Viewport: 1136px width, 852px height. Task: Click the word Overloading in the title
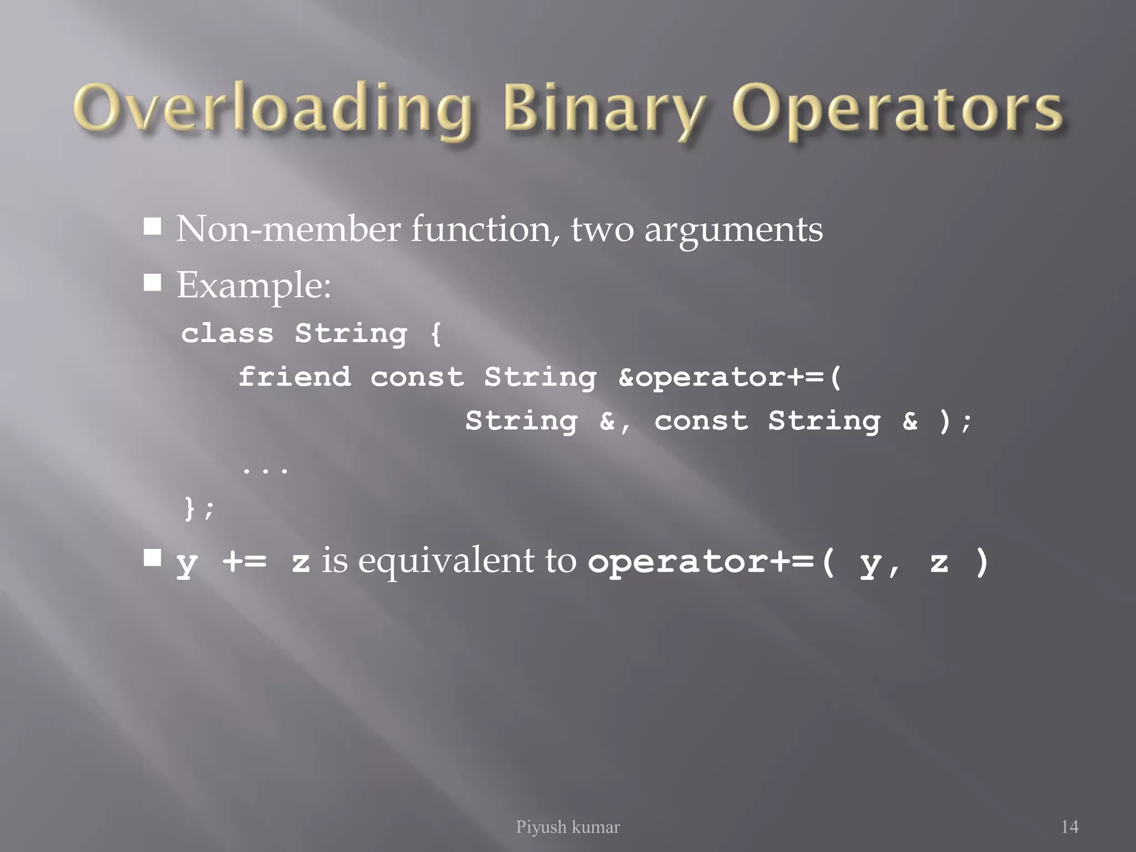(272, 109)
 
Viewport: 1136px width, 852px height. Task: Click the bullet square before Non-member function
(153, 226)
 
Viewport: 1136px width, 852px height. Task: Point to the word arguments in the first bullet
(733, 230)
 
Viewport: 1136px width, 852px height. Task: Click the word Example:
(253, 286)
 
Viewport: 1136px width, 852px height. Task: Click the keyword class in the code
(227, 333)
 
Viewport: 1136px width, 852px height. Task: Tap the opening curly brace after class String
(436, 334)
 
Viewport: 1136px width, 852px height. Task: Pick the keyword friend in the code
(295, 377)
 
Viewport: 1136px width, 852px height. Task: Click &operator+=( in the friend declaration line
(730, 377)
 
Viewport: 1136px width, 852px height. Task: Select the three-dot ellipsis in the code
(265, 470)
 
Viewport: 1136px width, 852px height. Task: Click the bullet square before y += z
(153, 557)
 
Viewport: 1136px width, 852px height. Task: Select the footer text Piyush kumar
(567, 827)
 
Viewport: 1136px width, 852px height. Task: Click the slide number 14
(1069, 827)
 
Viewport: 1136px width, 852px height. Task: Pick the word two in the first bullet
(602, 230)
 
